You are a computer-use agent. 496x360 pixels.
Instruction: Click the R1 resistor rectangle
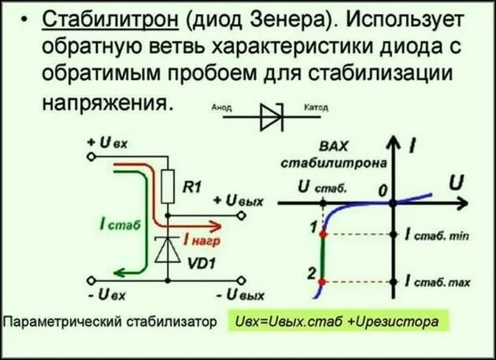point(168,187)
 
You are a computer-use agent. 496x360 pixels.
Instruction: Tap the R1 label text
point(192,187)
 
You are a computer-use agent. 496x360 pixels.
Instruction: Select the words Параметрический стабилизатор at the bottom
point(109,322)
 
